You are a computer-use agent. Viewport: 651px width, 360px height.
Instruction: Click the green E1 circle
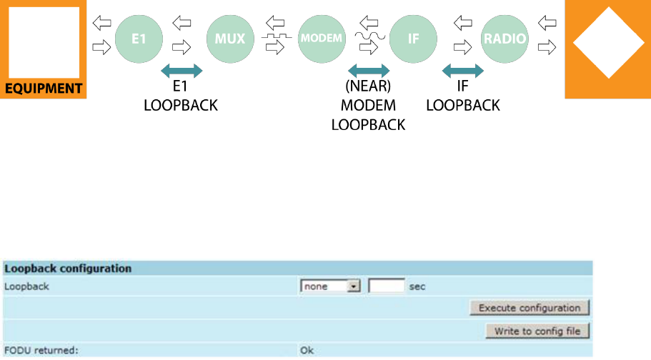(138, 38)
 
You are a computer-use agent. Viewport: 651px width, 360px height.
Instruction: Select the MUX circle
(230, 38)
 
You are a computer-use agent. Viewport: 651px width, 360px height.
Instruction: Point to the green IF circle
(413, 38)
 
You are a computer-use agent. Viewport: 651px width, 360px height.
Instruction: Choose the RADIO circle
(505, 38)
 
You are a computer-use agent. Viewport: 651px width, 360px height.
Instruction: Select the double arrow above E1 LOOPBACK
(182, 71)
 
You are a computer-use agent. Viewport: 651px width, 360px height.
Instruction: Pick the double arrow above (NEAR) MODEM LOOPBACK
(368, 71)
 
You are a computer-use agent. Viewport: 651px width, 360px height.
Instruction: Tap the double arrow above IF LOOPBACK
(462, 71)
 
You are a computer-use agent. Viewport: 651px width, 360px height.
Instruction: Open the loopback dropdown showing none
(331, 286)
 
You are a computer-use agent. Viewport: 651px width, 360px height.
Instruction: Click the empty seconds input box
(387, 286)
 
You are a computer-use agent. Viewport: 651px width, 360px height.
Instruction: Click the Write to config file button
(537, 331)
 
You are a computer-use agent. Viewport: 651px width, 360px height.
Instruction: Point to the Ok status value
(307, 351)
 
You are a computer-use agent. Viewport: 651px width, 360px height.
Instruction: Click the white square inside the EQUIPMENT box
(43, 42)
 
